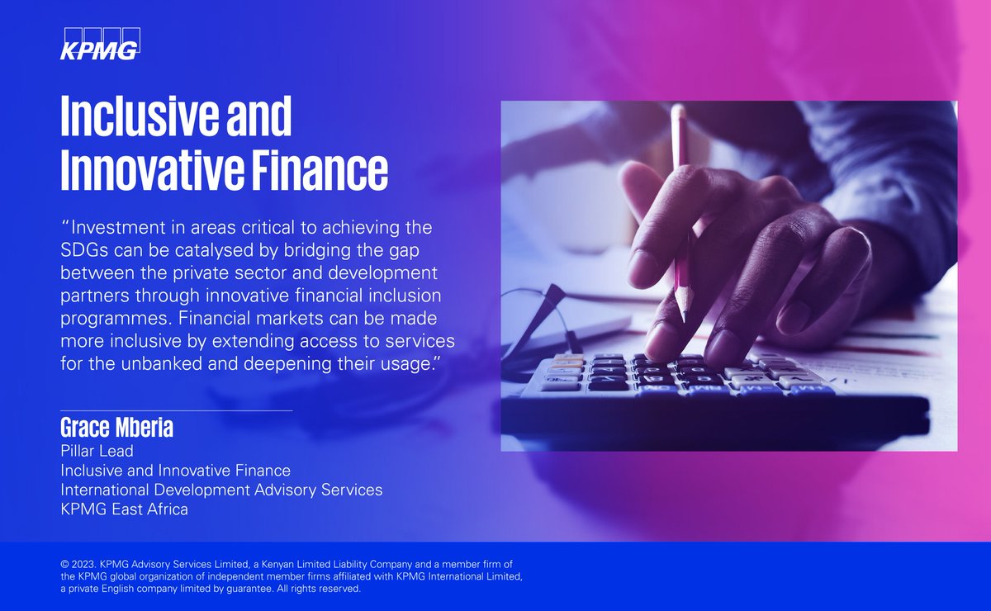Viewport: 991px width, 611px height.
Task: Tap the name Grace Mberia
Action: [116, 429]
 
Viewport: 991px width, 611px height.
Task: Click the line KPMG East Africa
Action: [124, 509]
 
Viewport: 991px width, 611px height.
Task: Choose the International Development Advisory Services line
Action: [221, 490]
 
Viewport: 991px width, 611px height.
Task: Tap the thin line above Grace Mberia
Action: [176, 410]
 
